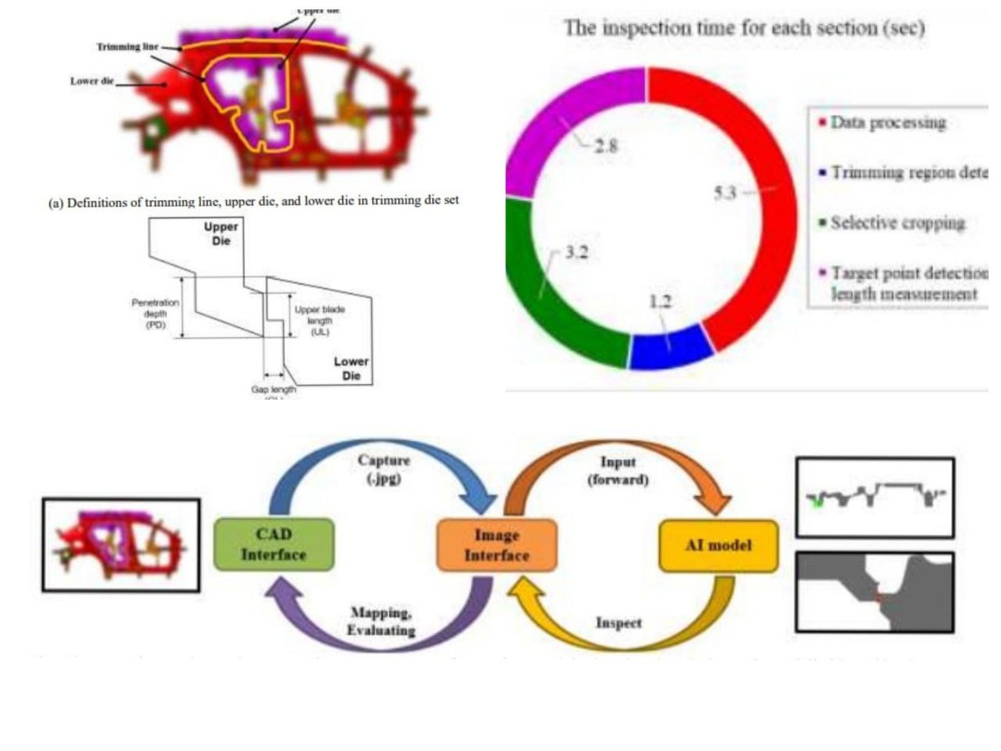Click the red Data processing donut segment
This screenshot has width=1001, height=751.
[x=755, y=250]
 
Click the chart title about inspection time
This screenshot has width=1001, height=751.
[x=744, y=28]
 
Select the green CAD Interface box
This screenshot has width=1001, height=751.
[x=274, y=544]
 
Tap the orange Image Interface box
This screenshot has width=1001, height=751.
[x=496, y=544]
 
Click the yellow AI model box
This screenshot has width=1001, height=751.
[x=718, y=546]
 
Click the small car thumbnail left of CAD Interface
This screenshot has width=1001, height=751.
[x=121, y=544]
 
